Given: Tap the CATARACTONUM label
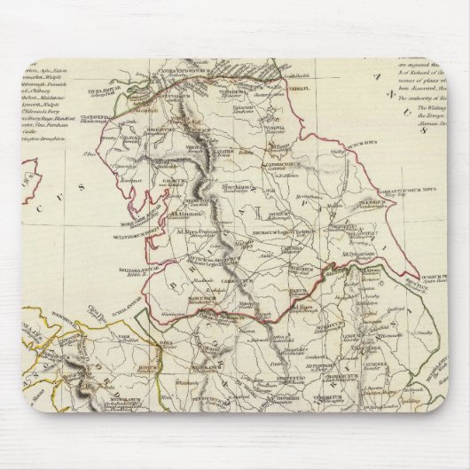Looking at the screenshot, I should point(287,163).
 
